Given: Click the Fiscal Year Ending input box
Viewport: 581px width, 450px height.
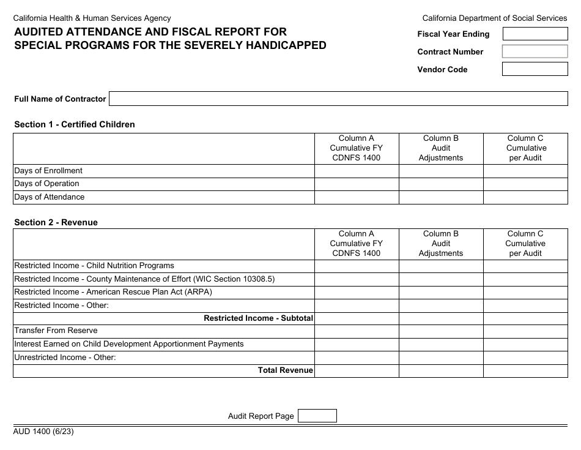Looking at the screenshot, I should (x=535, y=34).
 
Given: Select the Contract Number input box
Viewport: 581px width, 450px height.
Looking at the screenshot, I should (x=535, y=51).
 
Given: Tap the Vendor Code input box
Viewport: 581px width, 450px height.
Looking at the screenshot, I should (x=535, y=69).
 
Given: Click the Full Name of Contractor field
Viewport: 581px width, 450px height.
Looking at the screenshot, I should (x=338, y=99).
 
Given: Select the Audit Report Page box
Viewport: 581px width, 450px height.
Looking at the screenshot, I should (x=317, y=416).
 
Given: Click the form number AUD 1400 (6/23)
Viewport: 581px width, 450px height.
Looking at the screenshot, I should (x=44, y=431).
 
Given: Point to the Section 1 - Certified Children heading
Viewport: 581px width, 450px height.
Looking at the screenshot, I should (x=75, y=124).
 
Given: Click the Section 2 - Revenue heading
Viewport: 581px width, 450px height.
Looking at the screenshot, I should (x=56, y=222).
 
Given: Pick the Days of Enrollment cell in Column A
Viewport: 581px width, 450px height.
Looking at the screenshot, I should (x=357, y=171).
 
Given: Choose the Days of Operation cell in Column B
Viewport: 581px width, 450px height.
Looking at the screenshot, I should (x=441, y=184).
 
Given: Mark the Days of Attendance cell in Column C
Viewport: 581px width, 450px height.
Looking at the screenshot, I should (x=525, y=197).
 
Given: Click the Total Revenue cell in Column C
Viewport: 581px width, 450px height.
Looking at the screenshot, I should (x=525, y=370).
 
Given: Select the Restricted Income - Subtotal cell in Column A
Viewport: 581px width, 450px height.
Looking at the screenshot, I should (x=357, y=318).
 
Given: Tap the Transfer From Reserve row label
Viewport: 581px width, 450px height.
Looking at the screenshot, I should (x=56, y=331).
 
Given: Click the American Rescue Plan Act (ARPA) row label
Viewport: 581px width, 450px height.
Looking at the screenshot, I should (x=113, y=292).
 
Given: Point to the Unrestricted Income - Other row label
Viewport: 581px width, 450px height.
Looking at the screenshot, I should (x=65, y=357).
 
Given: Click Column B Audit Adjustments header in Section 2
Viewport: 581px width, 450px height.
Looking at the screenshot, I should (x=441, y=243).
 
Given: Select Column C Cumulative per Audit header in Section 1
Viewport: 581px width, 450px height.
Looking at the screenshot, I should (x=525, y=148).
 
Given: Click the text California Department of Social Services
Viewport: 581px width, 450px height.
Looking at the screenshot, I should (x=495, y=18).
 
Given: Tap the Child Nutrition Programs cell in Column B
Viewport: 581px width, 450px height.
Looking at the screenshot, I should (x=441, y=266).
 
